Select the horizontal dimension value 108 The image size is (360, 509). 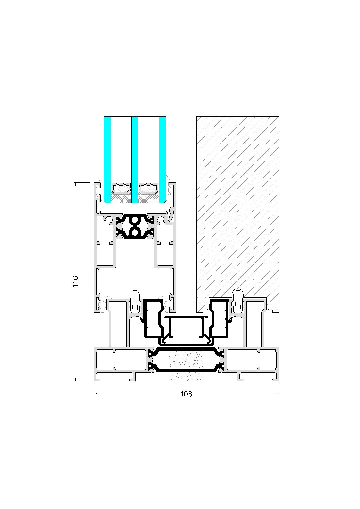[186, 394]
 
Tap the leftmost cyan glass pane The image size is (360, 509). [107, 159]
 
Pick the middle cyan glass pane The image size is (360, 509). [135, 159]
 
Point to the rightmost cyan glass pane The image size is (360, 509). [162, 159]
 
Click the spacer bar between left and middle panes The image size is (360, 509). [121, 188]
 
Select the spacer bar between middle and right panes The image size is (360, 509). [149, 188]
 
